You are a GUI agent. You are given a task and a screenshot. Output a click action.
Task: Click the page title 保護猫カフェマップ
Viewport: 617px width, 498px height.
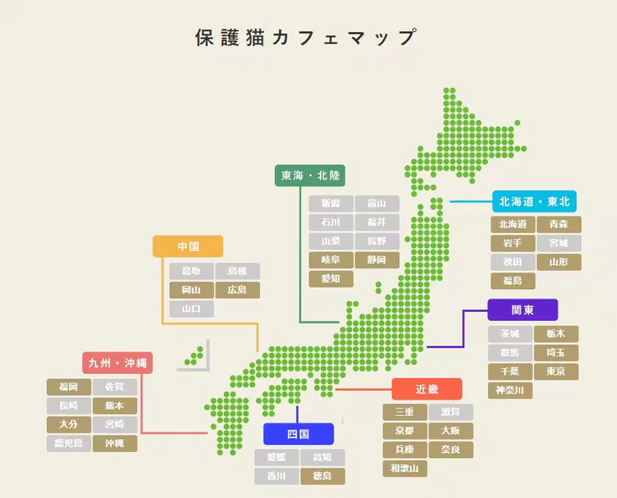306,38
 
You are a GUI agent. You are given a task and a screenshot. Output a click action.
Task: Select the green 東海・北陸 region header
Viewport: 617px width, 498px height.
310,175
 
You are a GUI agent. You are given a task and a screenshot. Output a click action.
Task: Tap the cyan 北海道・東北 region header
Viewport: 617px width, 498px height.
534,201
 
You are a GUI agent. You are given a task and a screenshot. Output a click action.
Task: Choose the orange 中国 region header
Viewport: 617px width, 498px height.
188,246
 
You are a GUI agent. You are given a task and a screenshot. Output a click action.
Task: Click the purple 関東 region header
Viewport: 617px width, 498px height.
522,309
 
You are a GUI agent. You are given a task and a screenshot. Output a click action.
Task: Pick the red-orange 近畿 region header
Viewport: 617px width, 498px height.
427,389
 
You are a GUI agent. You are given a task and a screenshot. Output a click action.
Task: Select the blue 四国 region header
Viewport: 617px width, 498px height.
298,434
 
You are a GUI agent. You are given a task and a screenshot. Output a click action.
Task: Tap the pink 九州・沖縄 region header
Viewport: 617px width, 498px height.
117,363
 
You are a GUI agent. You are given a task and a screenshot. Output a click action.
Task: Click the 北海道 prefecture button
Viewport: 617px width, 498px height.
512,225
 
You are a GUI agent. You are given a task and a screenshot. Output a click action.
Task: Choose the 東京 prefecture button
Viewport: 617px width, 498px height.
557,371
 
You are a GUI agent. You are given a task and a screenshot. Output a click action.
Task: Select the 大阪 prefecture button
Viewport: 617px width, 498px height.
451,431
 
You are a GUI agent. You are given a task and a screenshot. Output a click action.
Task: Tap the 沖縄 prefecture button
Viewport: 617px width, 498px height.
115,444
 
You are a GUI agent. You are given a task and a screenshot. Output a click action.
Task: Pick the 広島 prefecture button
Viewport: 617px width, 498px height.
237,290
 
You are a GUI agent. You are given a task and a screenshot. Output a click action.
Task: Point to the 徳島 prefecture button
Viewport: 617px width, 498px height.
323,476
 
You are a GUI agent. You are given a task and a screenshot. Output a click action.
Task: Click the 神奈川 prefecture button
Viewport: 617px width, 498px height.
510,391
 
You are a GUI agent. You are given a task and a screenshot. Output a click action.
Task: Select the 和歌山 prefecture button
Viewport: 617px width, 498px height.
406,469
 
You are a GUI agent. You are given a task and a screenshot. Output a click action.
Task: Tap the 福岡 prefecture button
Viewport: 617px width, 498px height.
69,386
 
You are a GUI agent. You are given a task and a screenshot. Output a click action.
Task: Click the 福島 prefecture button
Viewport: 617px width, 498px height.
512,281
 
